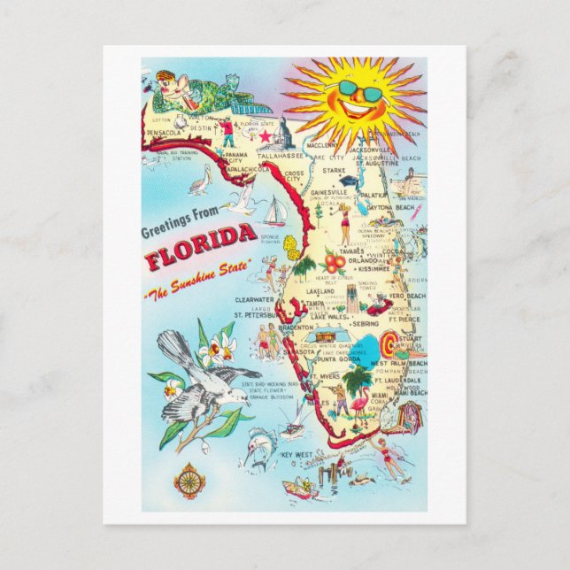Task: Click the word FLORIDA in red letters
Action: click(202, 258)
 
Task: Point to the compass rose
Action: click(189, 480)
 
